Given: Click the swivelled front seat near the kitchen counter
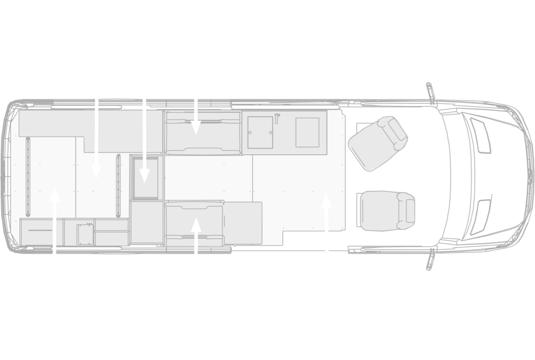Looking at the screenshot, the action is coord(376,142).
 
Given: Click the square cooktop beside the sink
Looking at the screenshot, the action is coord(307,132).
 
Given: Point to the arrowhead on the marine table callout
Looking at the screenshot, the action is coord(326,198).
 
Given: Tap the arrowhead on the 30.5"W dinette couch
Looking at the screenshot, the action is coord(196,222).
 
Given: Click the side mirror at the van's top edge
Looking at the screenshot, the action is coord(430,90).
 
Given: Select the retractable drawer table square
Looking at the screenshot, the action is coord(145,176).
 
